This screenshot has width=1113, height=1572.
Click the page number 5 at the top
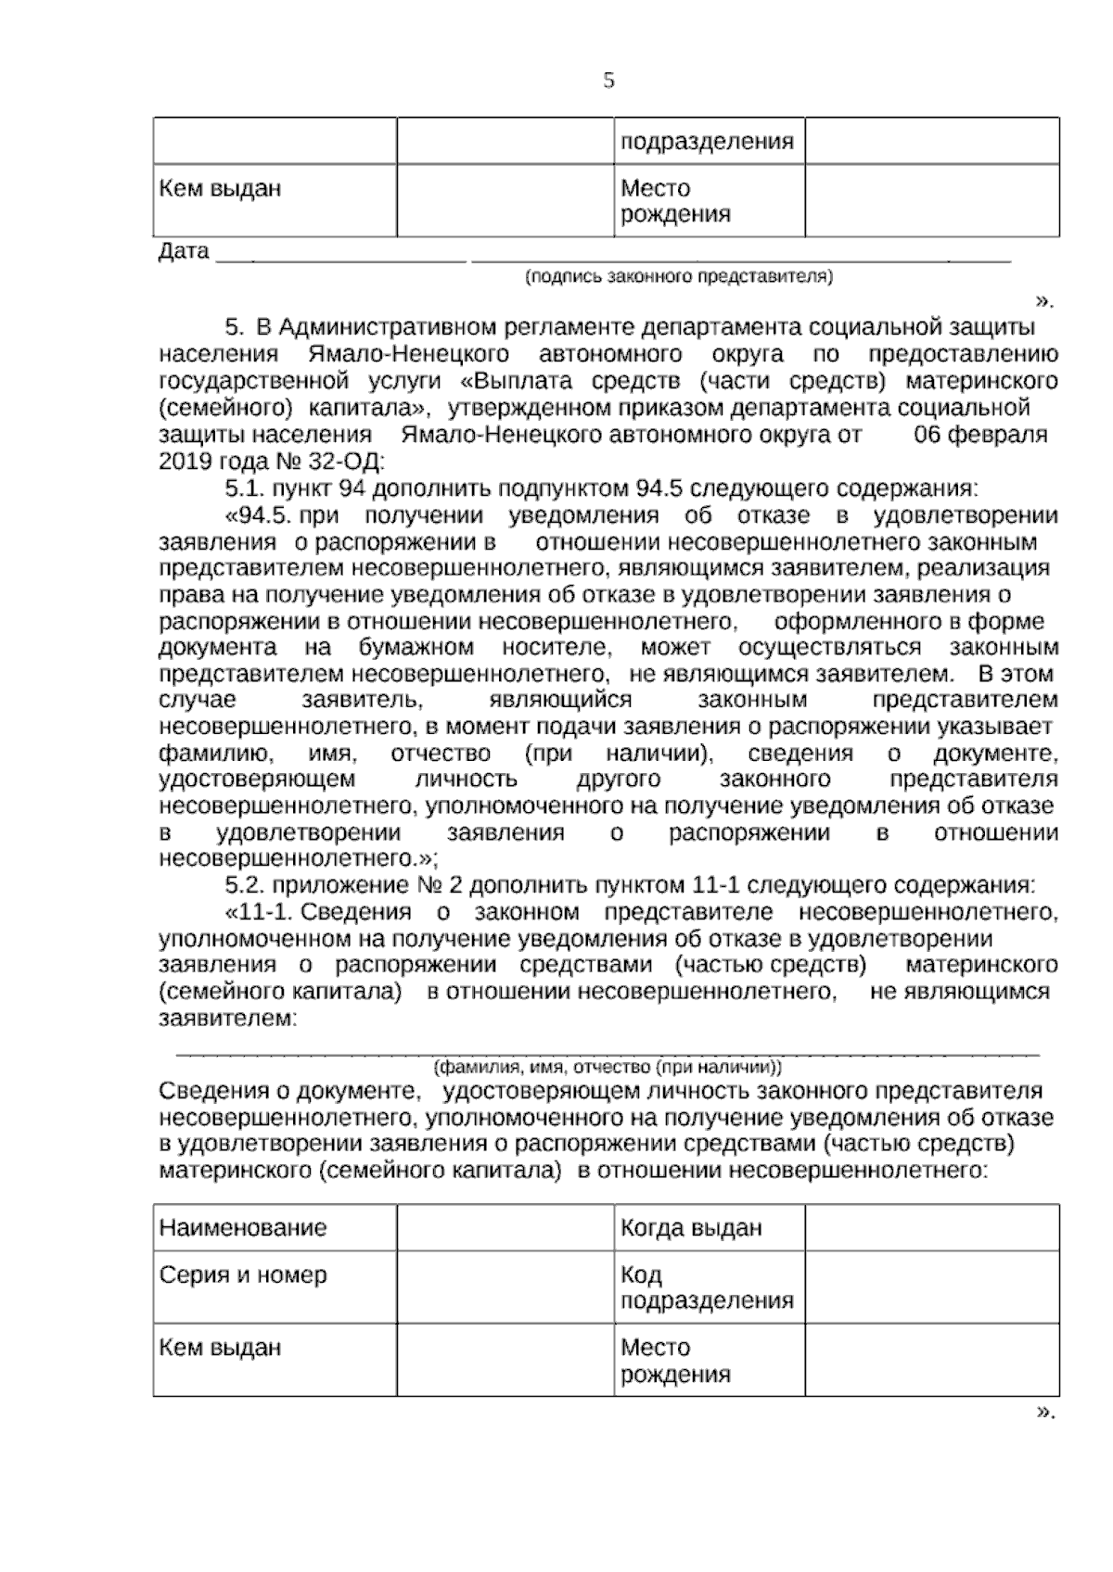608,81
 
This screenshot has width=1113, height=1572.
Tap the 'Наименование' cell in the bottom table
243,1228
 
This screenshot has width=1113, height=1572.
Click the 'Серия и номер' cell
243,1274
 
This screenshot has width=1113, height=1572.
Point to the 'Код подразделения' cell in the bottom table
707,1287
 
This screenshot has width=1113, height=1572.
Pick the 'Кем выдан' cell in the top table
220,189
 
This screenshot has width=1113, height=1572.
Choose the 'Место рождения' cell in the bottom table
674,1360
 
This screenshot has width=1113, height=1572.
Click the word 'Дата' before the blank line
184,252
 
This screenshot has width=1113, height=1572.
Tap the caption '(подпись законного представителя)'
678,276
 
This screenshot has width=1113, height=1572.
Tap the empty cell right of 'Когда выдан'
931,1228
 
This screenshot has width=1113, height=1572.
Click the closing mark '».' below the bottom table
1045,1413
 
